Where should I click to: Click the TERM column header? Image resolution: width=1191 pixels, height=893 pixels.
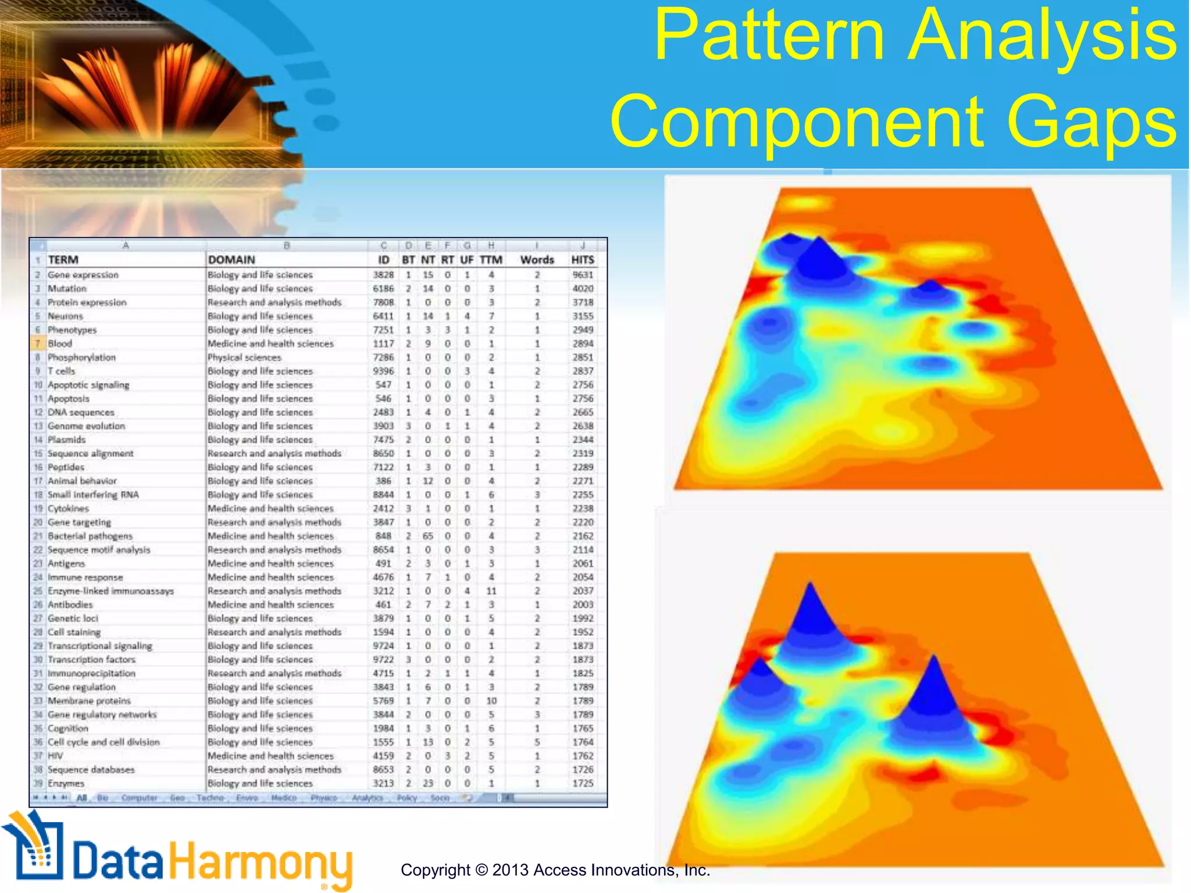coord(63,260)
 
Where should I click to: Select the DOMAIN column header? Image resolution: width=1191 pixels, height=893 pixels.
coord(231,260)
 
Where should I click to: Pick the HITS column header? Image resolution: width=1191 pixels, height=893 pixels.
coord(582,260)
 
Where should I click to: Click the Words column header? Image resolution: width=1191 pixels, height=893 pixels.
coord(537,260)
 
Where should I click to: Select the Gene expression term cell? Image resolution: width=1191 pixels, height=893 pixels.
coord(83,275)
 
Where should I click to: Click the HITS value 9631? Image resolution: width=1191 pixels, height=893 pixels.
coord(583,275)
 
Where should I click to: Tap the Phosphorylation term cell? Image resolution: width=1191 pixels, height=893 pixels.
coord(81,358)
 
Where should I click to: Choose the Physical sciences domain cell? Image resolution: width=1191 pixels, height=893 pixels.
coord(244,358)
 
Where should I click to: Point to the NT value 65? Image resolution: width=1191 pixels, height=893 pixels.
coord(428,536)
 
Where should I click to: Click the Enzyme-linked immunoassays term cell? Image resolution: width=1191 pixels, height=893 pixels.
coord(110,591)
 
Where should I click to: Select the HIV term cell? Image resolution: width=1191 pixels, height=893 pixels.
coord(55,756)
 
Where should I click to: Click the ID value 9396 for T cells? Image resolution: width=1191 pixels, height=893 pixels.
coord(383,371)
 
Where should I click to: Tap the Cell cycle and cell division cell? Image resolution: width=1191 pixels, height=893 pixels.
coord(104,742)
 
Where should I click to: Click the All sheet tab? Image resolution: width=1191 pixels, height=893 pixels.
coord(81,798)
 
